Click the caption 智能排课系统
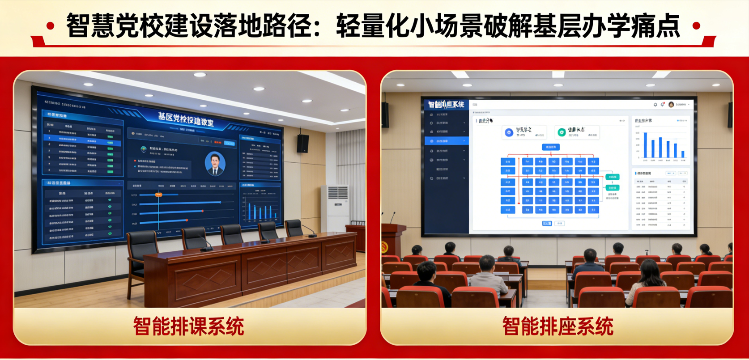pos(189,326)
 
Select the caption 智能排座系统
pos(557,326)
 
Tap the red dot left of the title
pos(50,26)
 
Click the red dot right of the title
pos(696,26)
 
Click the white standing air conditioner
pos(335,208)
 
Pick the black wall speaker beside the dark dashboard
pos(303,143)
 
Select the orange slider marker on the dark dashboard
pos(158,195)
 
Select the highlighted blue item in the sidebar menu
pos(446,141)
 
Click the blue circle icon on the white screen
pos(509,132)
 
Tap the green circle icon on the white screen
pos(562,132)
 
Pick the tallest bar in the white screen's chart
pos(645,145)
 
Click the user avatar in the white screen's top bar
pos(671,105)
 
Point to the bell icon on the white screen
pos(655,105)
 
